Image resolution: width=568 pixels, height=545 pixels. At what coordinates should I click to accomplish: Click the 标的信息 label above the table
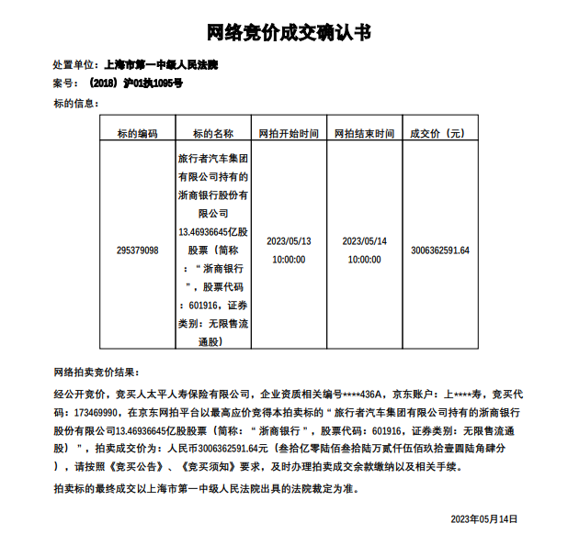(75, 102)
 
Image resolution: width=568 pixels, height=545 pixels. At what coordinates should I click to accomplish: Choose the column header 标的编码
(137, 133)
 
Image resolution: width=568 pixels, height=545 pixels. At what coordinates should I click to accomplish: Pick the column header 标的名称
(213, 133)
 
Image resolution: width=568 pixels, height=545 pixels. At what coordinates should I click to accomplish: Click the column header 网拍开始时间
(289, 133)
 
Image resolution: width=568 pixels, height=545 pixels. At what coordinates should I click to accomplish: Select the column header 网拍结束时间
(364, 133)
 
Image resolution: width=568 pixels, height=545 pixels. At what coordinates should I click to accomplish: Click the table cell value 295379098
(138, 250)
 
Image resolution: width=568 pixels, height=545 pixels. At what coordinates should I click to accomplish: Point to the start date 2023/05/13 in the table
(289, 241)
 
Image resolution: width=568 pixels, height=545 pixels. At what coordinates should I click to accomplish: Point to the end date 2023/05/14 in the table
(364, 241)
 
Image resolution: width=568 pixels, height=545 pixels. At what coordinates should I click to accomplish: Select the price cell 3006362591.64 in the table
(440, 250)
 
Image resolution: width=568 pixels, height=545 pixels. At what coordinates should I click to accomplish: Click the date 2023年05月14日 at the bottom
(484, 518)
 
